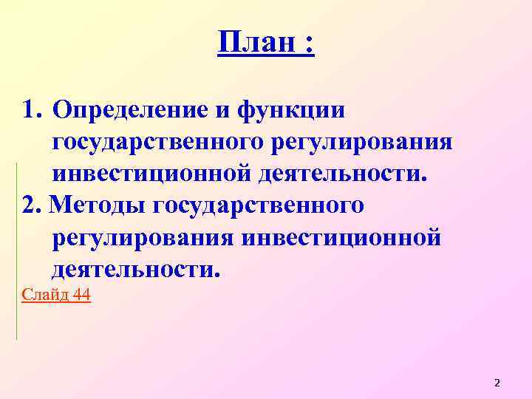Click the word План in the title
point(256,44)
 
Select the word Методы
point(98,205)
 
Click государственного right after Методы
point(258,205)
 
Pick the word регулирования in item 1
point(360,143)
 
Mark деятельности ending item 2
point(134,269)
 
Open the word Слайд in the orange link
point(44,296)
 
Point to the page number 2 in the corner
point(497,383)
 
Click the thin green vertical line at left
point(16,251)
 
